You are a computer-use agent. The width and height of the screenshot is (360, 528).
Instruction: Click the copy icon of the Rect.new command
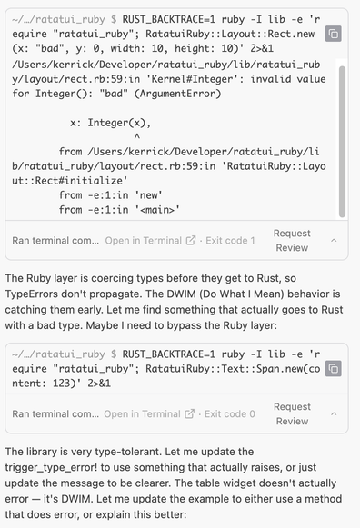point(334,34)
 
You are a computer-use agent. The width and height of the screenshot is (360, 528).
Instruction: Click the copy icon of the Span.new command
point(334,368)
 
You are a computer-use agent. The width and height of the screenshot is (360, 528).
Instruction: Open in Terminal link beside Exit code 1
point(151,241)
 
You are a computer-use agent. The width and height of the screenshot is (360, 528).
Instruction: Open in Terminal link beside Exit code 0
point(151,414)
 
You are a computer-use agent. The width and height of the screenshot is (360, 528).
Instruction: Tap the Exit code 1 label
point(230,241)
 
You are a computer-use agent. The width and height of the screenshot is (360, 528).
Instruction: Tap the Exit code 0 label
point(230,414)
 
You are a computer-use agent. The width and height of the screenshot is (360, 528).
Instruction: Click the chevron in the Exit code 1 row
point(334,241)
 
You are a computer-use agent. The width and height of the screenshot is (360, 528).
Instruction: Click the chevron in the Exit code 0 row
point(334,414)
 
